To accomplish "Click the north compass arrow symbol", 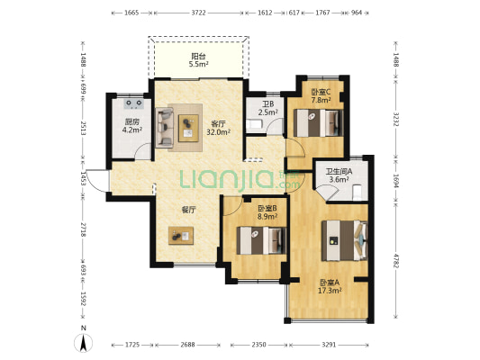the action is coord(83,343).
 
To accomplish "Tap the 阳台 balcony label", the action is coord(198,57).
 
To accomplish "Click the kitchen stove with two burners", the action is coord(134,103).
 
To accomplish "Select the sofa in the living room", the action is coord(165,128).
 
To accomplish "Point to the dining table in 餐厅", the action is coord(181,236).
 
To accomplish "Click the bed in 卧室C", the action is coord(319,123).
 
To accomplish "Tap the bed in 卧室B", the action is coord(262,240).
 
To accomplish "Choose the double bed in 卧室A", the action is coord(344,240).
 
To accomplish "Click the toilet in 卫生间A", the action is coord(357,193).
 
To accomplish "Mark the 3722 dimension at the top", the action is coord(198,13).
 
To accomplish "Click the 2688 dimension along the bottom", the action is coord(187,345).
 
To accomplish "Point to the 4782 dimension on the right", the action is coord(396,261).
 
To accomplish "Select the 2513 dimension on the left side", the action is coord(83,128).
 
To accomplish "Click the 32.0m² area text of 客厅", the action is coord(219,131).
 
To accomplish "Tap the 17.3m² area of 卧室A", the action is coord(330,291).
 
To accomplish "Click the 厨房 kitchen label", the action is coord(132,121).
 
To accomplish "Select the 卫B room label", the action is coord(267,104).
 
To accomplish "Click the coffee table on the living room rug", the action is coord(188,128).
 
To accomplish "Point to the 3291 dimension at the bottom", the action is coord(329,345).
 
